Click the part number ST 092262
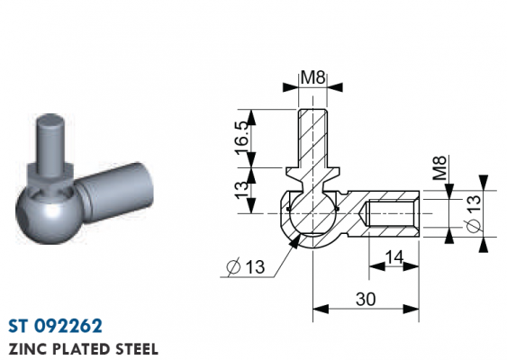coord(55,326)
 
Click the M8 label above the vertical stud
coord(312,77)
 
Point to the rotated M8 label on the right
coord(439,168)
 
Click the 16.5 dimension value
coord(242,138)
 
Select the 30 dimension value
coord(366,299)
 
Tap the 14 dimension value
coord(394,257)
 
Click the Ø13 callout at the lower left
coord(246,267)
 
